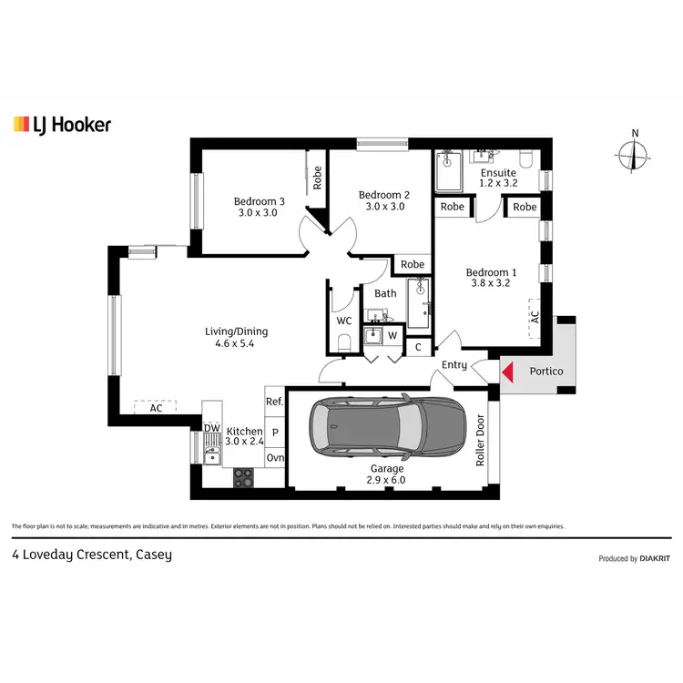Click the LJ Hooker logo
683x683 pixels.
[x=62, y=125]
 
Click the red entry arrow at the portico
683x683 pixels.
[x=508, y=372]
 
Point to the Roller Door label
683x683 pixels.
[x=481, y=441]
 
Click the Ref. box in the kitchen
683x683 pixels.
[x=274, y=402]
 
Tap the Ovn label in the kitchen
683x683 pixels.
[x=274, y=458]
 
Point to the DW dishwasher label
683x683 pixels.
[x=211, y=428]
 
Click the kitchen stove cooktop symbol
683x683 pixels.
[x=243, y=475]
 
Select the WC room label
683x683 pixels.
[x=343, y=321]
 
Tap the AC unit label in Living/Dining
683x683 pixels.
[x=156, y=409]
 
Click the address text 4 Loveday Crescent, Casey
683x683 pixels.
[x=91, y=554]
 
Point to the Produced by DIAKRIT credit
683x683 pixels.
[x=634, y=558]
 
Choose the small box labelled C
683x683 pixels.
[x=418, y=346]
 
